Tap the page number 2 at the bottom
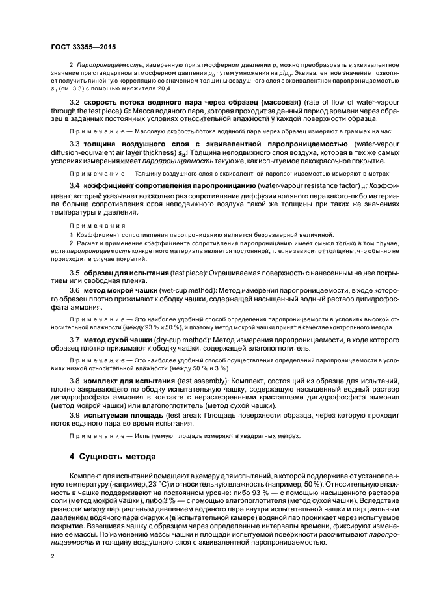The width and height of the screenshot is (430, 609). (53, 556)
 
